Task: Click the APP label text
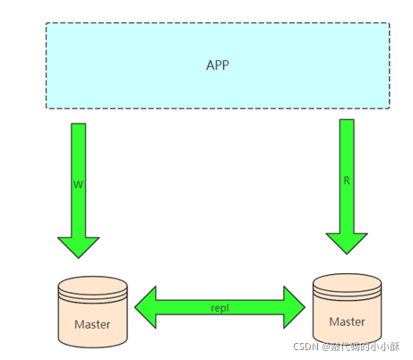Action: click(x=218, y=65)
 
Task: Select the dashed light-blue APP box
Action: click(x=218, y=65)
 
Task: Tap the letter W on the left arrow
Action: click(x=78, y=184)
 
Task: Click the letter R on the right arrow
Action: click(x=347, y=181)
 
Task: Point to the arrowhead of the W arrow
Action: click(x=79, y=247)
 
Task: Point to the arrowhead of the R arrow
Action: click(x=347, y=244)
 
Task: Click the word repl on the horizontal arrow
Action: click(x=219, y=308)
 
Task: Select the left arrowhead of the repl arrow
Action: click(x=146, y=307)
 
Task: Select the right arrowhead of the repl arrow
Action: click(x=294, y=307)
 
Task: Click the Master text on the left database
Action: click(x=92, y=324)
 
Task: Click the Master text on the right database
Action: click(x=347, y=321)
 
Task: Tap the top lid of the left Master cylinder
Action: click(x=93, y=285)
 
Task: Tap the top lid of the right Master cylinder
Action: click(x=348, y=282)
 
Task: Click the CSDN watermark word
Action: click(x=305, y=347)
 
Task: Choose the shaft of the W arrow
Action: click(x=79, y=181)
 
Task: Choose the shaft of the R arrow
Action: click(x=347, y=176)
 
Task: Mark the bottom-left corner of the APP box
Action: click(x=47, y=108)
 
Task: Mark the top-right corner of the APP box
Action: click(x=390, y=23)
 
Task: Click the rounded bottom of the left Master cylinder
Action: click(x=93, y=343)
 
